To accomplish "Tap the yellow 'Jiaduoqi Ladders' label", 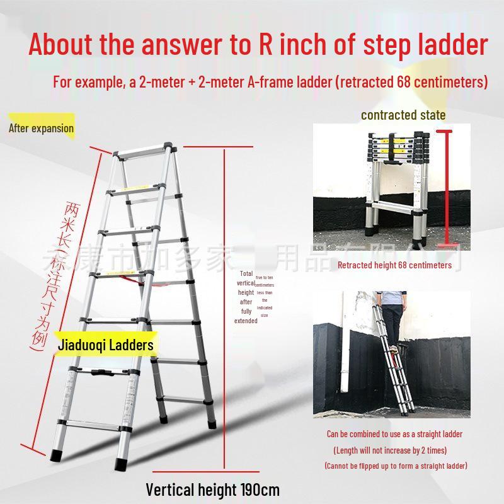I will [x=105, y=345].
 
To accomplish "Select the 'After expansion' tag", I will [x=41, y=129].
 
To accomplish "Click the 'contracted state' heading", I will [x=403, y=115].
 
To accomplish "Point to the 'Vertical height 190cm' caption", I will [x=212, y=490].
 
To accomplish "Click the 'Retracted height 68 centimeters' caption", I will [x=394, y=265].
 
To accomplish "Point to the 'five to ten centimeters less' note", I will [x=265, y=296].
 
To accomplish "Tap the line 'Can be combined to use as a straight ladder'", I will [x=394, y=434].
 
